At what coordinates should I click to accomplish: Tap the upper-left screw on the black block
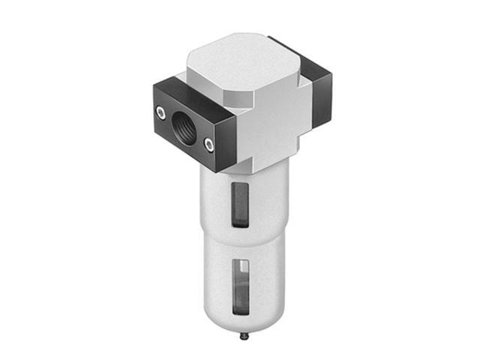click(x=160, y=112)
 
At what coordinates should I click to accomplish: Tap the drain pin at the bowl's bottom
click(x=246, y=335)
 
